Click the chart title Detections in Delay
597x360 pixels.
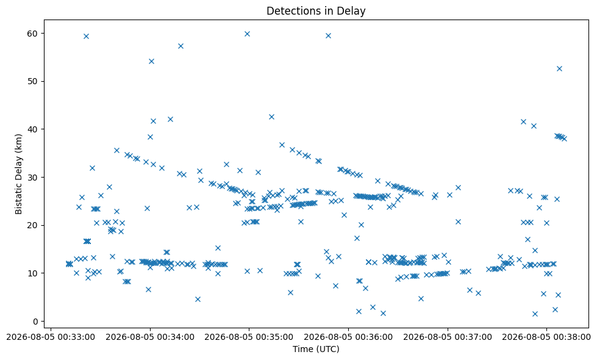tap(316, 11)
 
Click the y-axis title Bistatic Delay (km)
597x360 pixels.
tap(19, 174)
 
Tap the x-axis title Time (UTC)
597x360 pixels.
tap(316, 348)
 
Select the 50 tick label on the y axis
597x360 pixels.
tap(32, 82)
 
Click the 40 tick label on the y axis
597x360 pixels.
tap(32, 129)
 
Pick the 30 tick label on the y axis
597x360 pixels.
tap(32, 178)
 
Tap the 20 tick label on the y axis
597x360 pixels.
tap(32, 226)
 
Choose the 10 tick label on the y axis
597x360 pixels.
tap(32, 273)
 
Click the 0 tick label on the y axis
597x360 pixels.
tap(35, 322)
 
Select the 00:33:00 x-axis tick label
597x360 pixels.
tap(51, 337)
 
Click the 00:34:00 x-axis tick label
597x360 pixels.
tap(150, 337)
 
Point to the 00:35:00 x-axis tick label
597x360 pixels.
tap(249, 337)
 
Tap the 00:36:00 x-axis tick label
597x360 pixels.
tap(348, 337)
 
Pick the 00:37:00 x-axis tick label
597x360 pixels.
tap(448, 337)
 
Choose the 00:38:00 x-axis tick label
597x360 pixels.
tap(546, 337)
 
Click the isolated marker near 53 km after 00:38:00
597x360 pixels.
tap(559, 68)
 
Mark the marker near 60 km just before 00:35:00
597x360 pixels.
tap(247, 34)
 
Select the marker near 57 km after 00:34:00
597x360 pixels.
tap(181, 46)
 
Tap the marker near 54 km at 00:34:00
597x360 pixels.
tap(151, 62)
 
